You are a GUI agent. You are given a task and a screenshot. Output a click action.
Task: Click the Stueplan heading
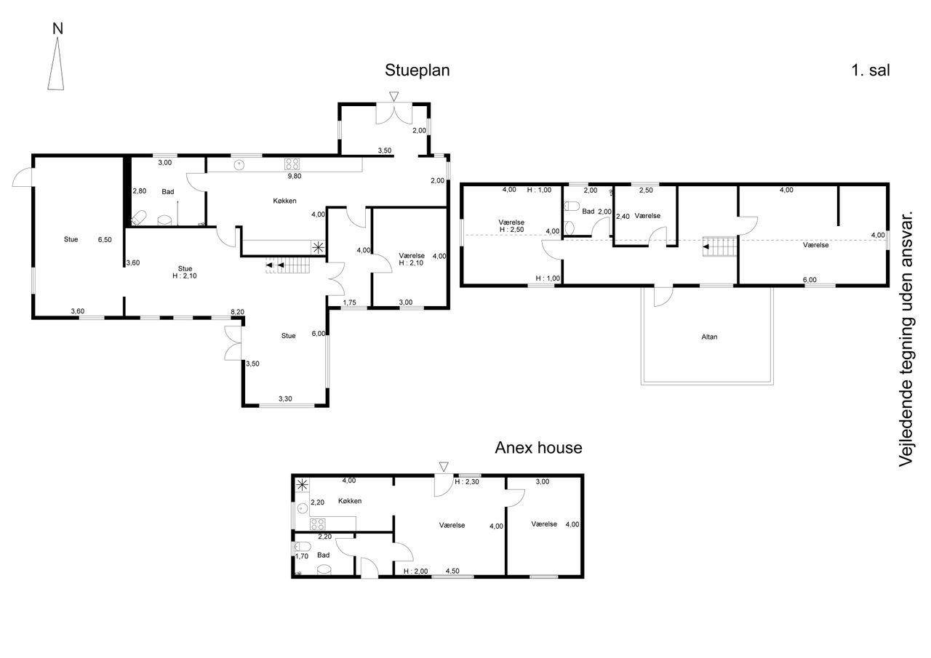click(x=417, y=71)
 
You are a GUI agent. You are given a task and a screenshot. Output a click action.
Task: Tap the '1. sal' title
click(x=871, y=71)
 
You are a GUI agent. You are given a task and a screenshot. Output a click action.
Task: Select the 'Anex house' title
click(x=538, y=448)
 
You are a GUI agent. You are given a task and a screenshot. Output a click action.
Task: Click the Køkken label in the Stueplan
click(x=285, y=201)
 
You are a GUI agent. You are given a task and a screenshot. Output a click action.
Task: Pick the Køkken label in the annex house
click(x=350, y=501)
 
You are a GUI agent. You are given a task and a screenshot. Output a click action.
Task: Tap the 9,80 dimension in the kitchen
click(x=295, y=175)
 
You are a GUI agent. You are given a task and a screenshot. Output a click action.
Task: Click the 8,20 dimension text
click(x=237, y=312)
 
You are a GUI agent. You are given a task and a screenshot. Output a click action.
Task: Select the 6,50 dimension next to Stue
click(x=105, y=239)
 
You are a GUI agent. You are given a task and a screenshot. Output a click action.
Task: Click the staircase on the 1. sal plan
click(x=720, y=247)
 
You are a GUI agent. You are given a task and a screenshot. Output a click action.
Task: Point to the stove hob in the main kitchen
click(x=293, y=164)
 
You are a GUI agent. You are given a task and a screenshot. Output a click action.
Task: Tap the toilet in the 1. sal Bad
click(x=572, y=206)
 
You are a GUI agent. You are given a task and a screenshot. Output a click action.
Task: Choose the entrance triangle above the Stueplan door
click(x=393, y=96)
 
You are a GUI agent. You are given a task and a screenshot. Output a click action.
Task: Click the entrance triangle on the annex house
click(x=444, y=466)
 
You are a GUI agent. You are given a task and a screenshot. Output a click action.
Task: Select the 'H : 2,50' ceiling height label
click(x=512, y=230)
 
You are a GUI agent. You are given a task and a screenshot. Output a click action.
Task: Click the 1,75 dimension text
click(x=349, y=302)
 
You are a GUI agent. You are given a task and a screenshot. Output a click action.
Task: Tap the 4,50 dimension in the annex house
click(x=452, y=571)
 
